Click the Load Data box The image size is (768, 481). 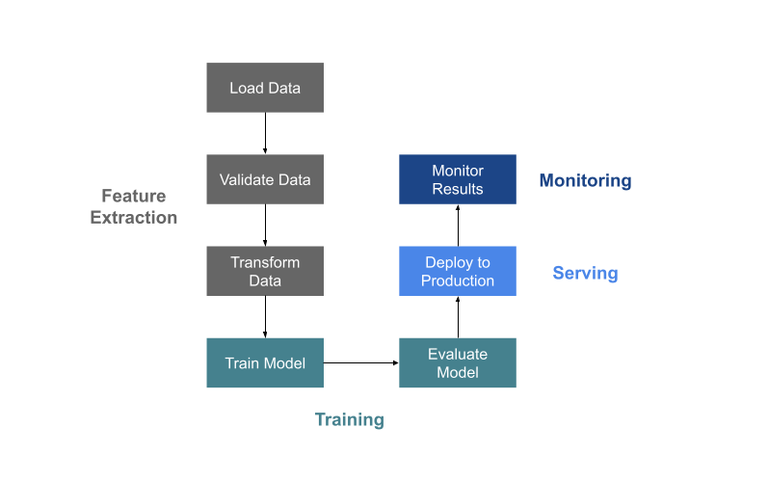tap(264, 88)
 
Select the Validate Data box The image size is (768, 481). tap(264, 179)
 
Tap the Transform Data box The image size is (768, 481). tap(264, 271)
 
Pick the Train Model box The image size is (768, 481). tap(264, 363)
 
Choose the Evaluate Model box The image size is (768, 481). tap(457, 363)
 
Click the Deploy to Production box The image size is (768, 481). tap(457, 271)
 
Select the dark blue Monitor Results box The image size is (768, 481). tap(457, 179)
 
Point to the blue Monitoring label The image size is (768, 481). tap(585, 180)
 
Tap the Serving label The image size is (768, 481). tap(585, 273)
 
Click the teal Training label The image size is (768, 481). tap(349, 420)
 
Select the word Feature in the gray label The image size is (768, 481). tap(134, 197)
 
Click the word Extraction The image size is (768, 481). tap(134, 218)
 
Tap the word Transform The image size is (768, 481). tap(265, 262)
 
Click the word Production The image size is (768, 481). tap(458, 281)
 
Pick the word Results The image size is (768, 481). tap(458, 189)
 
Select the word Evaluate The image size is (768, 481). tap(458, 354)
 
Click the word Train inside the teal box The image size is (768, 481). tap(242, 363)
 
